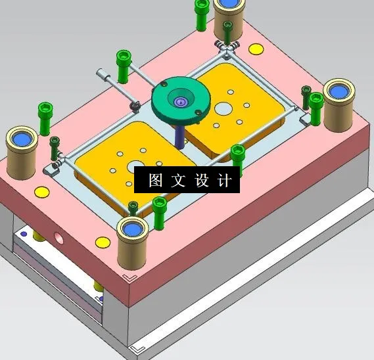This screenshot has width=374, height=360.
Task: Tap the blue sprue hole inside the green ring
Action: pos(180,101)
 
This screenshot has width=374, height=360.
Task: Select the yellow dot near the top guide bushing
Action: pos(256,49)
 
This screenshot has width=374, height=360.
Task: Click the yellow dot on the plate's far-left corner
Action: pos(41,192)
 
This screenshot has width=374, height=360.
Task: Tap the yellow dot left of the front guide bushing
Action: pos(103,241)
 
